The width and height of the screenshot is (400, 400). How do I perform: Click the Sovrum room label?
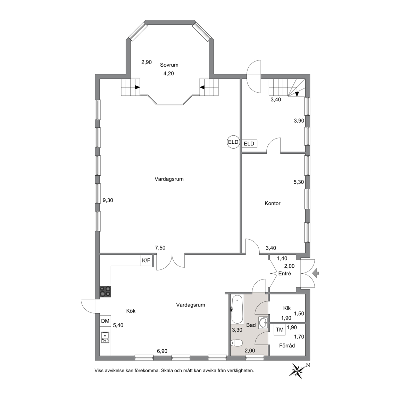169,65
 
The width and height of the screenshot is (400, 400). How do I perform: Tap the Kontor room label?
273,203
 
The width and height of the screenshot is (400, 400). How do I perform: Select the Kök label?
131,311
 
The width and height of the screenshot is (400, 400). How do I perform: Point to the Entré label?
285,274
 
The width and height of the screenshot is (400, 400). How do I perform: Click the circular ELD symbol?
233,142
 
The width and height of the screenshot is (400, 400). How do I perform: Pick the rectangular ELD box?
249,144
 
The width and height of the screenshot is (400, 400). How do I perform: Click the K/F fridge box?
146,260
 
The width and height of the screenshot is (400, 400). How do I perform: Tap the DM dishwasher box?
105,321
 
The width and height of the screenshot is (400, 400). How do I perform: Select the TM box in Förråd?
280,330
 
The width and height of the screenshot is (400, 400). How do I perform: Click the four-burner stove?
105,291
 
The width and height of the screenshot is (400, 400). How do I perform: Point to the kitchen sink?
105,337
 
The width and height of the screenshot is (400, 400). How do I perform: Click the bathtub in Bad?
237,309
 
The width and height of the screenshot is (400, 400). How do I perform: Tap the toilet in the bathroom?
236,343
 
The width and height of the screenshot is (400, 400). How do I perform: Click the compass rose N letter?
308,365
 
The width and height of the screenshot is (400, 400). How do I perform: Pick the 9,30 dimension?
108,200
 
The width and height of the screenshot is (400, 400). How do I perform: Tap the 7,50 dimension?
160,248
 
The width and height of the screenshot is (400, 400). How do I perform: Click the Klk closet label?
287,308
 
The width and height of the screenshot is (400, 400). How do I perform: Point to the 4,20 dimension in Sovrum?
169,74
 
